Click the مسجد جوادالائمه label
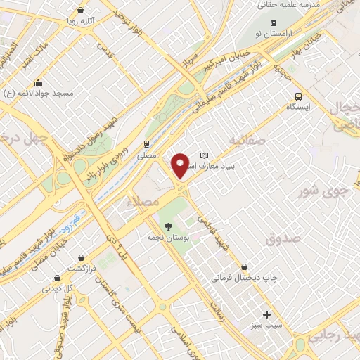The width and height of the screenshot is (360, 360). point(38,93)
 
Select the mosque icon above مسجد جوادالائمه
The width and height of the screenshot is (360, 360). point(38,83)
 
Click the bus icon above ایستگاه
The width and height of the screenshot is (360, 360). point(299,96)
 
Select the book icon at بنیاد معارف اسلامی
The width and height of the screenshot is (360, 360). point(205,155)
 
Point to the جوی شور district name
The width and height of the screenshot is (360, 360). point(323,190)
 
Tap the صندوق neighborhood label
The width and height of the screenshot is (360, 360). point(283,239)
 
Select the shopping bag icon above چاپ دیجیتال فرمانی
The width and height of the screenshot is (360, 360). point(244,267)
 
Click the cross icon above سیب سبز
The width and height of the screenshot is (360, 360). point(266,314)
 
